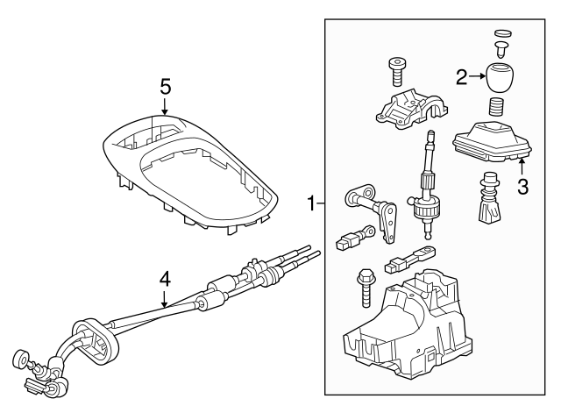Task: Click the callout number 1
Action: click(312, 203)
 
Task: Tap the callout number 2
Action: click(462, 76)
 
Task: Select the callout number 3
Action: click(523, 187)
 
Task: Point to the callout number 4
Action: click(165, 280)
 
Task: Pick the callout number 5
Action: click(166, 87)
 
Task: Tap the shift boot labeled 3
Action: click(493, 140)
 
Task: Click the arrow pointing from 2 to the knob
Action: click(477, 76)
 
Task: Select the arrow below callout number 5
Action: click(165, 106)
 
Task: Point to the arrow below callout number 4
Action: click(164, 299)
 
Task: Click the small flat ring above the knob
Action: click(503, 33)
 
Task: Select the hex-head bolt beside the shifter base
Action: click(365, 288)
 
